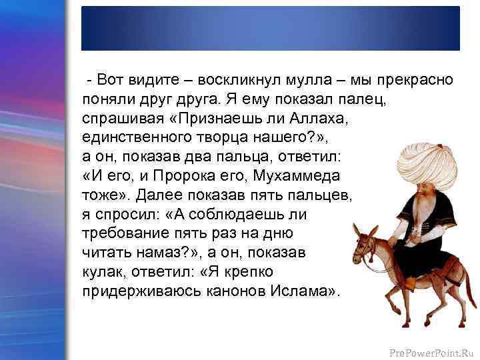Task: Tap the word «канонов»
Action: point(223,292)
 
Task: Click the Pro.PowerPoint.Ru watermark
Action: point(434,349)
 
